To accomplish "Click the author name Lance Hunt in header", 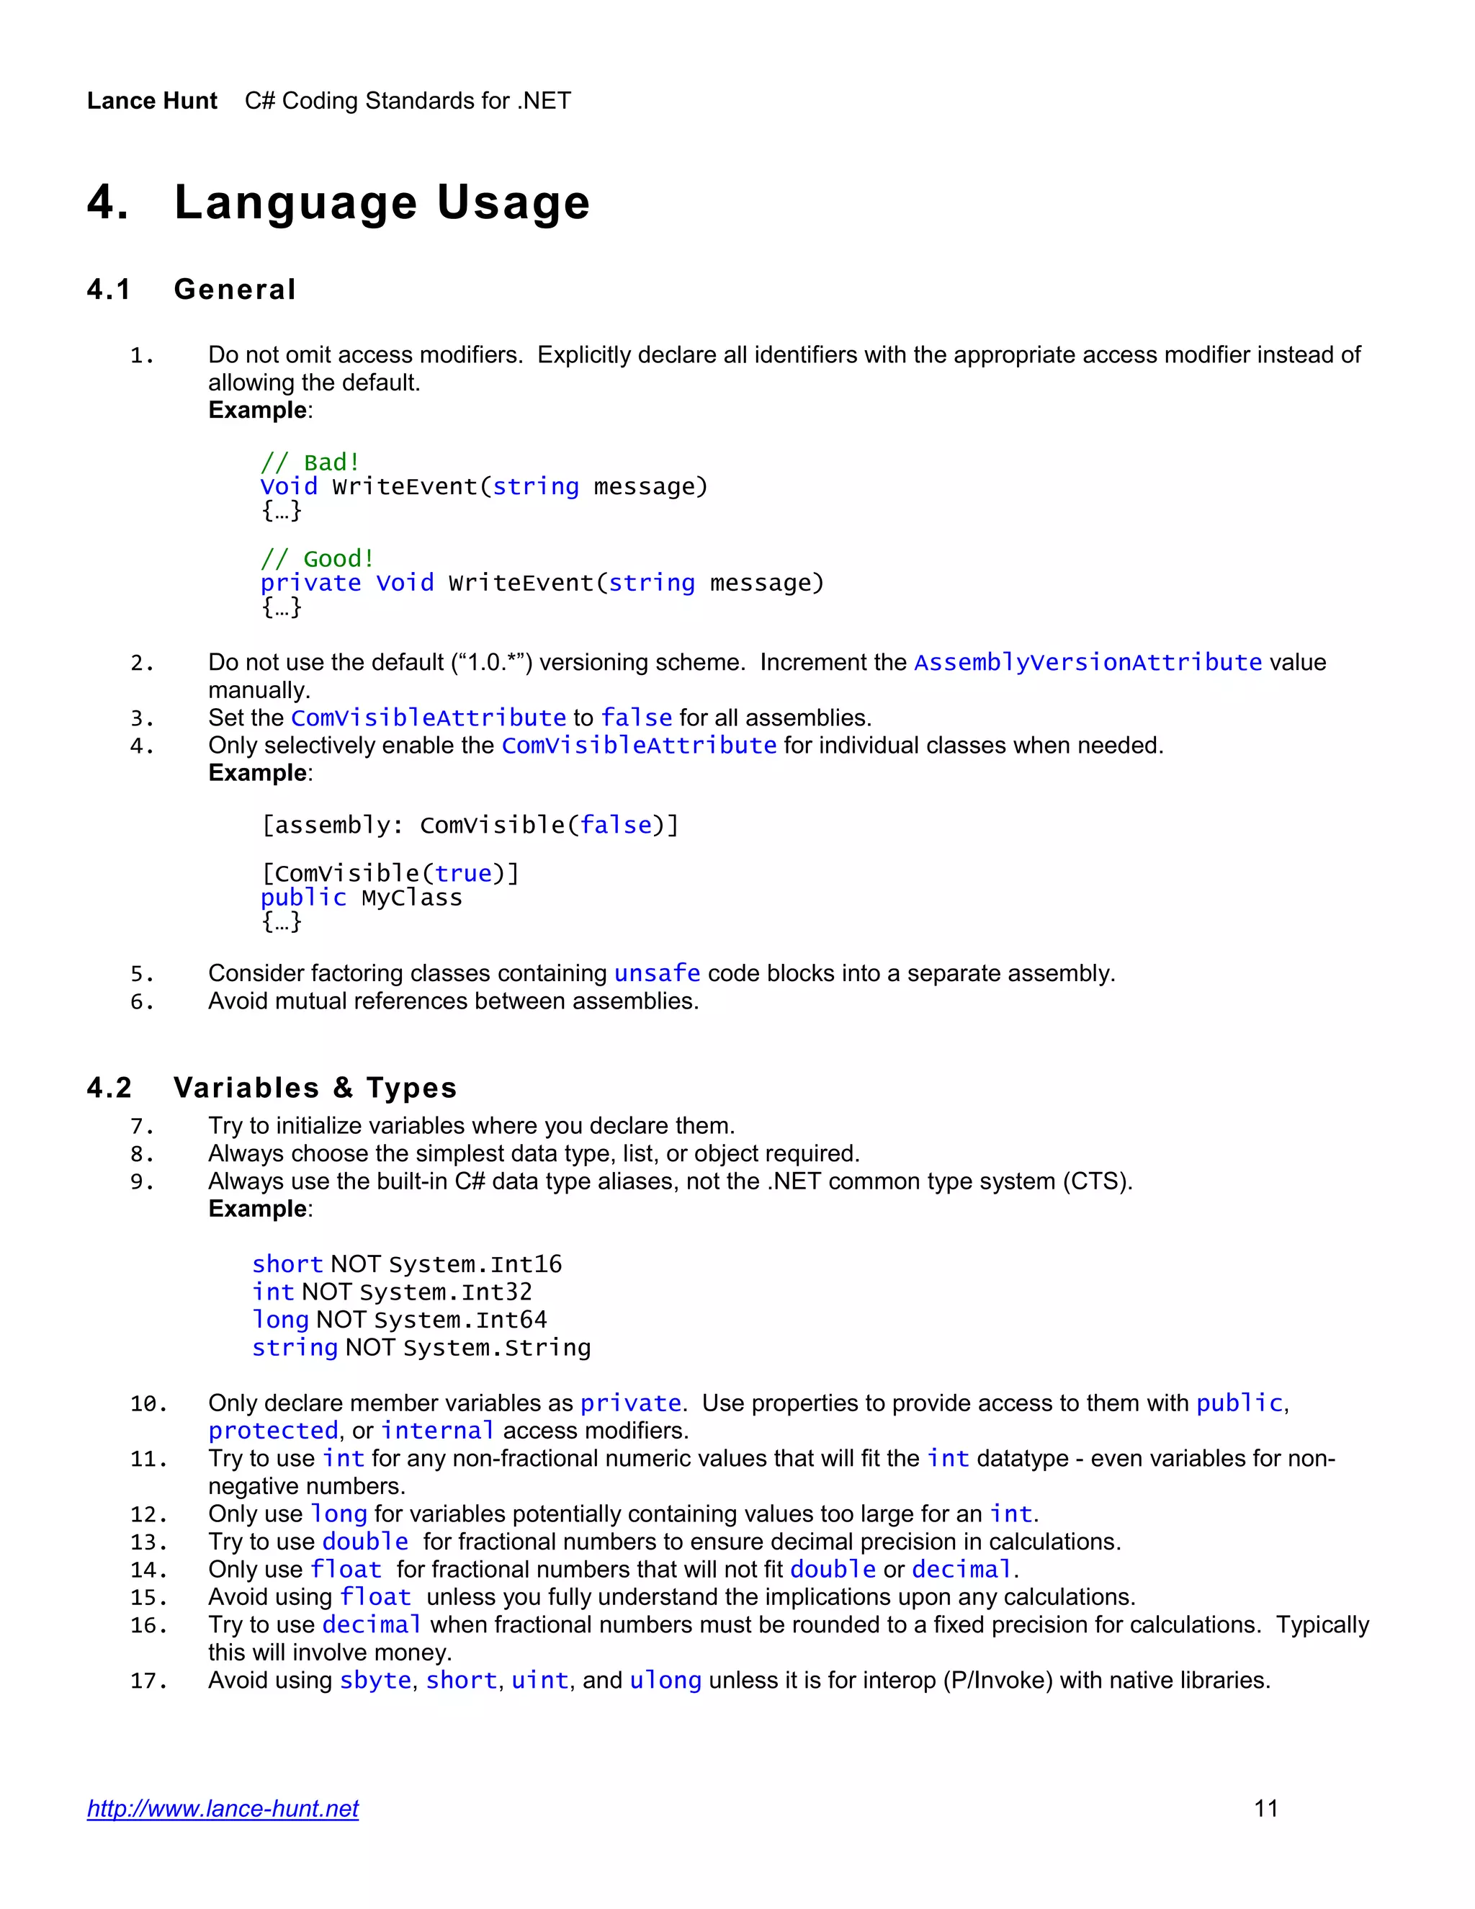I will [x=152, y=102].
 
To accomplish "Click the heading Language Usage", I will [x=382, y=203].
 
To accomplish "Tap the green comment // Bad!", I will [x=310, y=462].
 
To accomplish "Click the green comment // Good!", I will [x=317, y=558].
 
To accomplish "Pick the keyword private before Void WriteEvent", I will [x=310, y=583].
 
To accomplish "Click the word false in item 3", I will [x=636, y=717].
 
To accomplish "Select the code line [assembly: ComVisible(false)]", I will [x=470, y=825].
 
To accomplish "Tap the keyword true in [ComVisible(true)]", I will [x=463, y=873].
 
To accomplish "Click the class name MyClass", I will [x=411, y=898].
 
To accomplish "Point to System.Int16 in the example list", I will [x=475, y=1265].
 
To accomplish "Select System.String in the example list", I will [x=496, y=1348].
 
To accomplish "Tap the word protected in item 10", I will [x=273, y=1431].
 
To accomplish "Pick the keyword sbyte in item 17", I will [x=375, y=1680].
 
